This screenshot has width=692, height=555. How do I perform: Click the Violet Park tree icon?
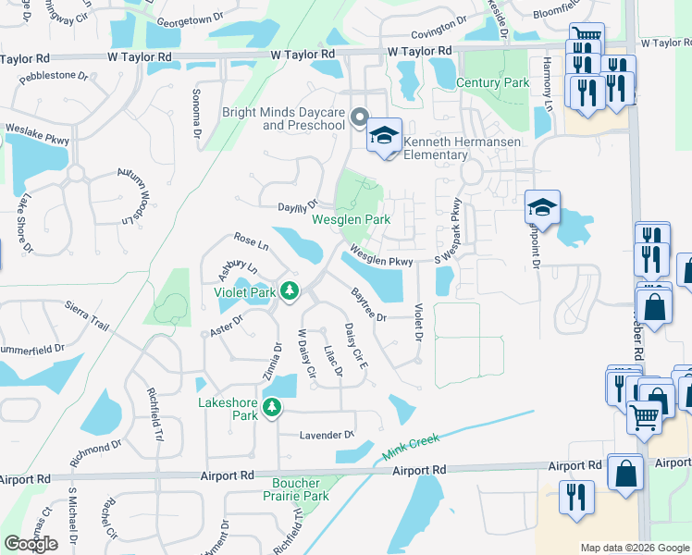[290, 292]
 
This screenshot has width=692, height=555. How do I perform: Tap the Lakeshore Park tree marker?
[272, 407]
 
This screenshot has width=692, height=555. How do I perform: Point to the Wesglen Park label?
[351, 220]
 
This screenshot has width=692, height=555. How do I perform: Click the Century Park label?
[492, 83]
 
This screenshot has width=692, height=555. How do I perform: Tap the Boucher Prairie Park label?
[301, 489]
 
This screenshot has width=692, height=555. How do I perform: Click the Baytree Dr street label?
[367, 304]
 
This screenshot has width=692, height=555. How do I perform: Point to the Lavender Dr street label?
[327, 435]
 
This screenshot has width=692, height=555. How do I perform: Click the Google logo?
[31, 544]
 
